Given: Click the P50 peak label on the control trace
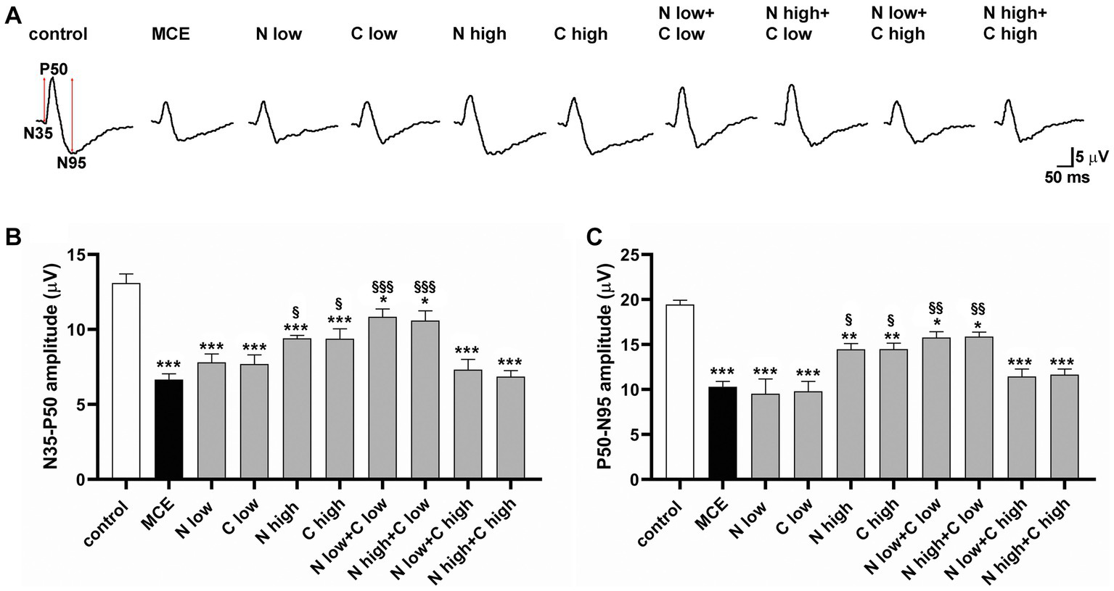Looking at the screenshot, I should (x=54, y=70).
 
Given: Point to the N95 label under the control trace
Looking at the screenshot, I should (x=72, y=163).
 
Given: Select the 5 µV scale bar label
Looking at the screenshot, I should (x=1086, y=157).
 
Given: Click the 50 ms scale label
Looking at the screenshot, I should (x=1067, y=176).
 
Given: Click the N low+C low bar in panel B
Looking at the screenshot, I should (x=382, y=398).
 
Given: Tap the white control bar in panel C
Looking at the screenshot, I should (x=679, y=392).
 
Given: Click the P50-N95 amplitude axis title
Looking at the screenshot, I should (x=610, y=366).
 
